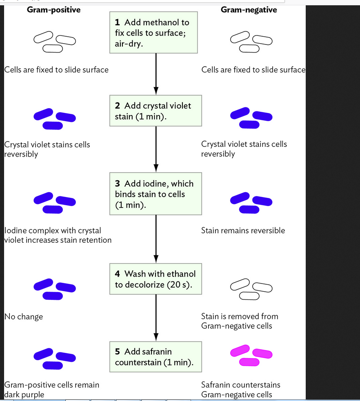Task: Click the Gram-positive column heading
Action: (x=53, y=10)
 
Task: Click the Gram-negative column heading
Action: (x=249, y=10)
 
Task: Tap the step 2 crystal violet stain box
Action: (x=156, y=111)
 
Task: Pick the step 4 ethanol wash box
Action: (x=156, y=279)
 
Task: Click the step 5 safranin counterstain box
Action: (x=156, y=357)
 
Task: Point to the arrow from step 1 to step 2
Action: (x=156, y=73)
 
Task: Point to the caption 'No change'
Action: (x=24, y=317)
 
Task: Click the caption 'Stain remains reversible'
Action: (x=243, y=230)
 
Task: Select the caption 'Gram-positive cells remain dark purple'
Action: (x=51, y=390)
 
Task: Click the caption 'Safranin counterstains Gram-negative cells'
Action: (x=240, y=390)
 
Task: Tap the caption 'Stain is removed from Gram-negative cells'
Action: (x=240, y=321)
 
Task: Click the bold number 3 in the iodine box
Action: (x=117, y=184)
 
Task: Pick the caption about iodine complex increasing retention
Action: (x=58, y=235)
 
